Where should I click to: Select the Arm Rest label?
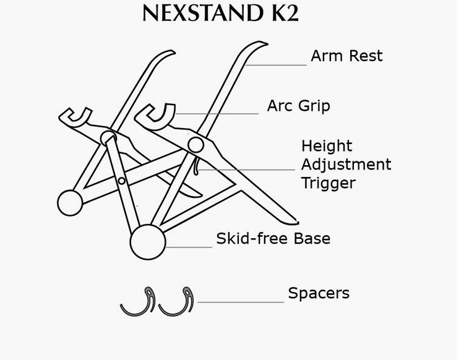click(346, 56)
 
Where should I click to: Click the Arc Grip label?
click(298, 106)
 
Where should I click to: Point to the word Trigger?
click(328, 183)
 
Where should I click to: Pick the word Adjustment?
click(346, 165)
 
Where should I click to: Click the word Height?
click(327, 147)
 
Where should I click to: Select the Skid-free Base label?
click(273, 239)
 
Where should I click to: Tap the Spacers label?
click(319, 293)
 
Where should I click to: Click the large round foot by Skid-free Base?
click(148, 241)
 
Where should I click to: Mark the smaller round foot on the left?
click(70, 202)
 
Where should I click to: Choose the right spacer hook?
click(178, 302)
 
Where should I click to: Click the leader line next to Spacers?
click(241, 302)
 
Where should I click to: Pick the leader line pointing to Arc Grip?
click(217, 114)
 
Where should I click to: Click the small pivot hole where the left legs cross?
click(122, 181)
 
